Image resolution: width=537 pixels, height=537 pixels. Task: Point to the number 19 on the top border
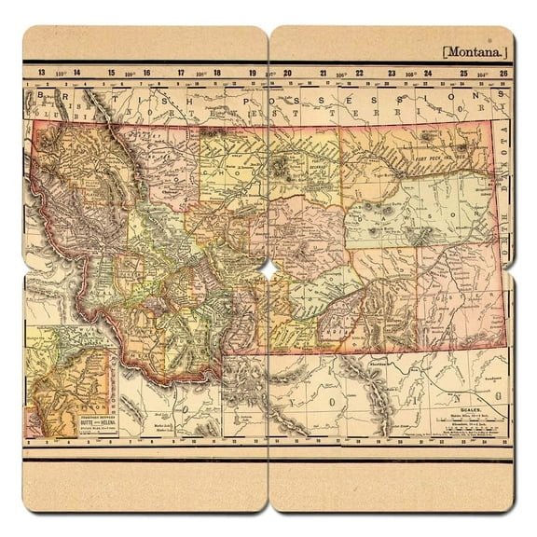click(x=255, y=72)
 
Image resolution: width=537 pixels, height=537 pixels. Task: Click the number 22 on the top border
click(x=359, y=72)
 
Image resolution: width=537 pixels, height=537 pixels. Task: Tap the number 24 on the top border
click(x=428, y=72)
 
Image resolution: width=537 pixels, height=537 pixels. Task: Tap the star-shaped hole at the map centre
click(x=268, y=269)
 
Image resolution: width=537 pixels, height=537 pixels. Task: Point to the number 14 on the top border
click(x=77, y=72)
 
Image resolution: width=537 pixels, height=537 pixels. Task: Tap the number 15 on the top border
click(x=112, y=72)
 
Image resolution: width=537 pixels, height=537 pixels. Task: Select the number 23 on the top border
click(x=393, y=72)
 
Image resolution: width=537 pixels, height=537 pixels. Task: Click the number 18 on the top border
click(x=217, y=72)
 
